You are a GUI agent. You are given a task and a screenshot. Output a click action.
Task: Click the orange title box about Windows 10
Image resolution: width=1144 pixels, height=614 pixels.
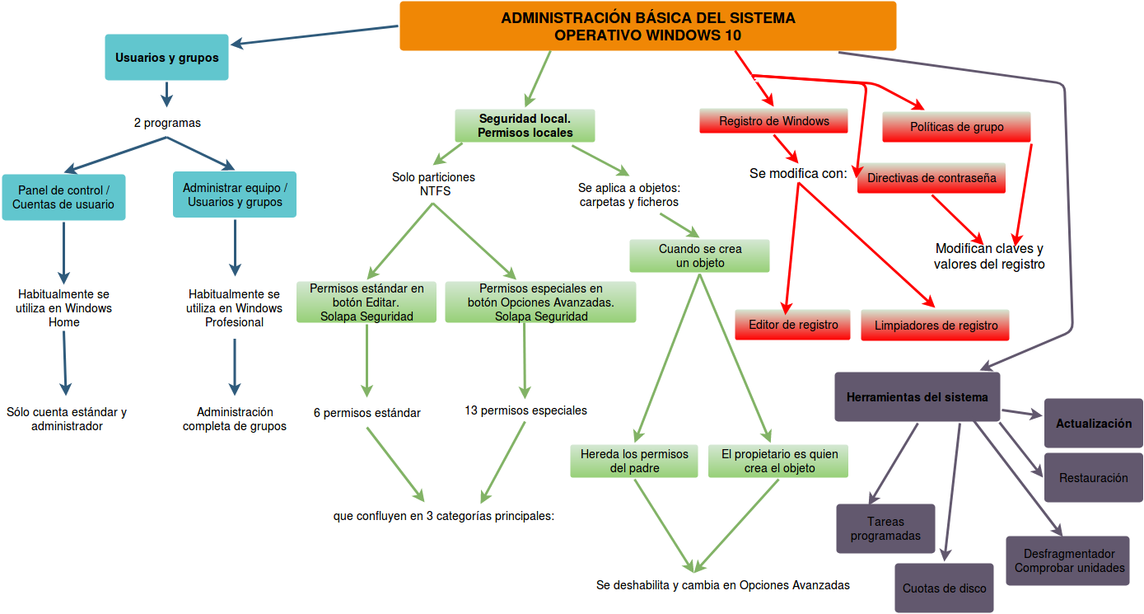coord(647,26)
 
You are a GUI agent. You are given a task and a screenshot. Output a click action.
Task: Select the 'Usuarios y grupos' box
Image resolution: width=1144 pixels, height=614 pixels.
coord(167,58)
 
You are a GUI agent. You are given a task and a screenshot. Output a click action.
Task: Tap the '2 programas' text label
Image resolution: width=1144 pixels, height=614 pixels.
coord(167,123)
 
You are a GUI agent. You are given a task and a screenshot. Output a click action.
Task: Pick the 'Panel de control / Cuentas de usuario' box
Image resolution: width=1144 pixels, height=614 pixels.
coord(63,197)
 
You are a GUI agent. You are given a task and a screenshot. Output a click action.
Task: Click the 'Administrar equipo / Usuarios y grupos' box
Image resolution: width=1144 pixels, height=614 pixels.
coord(235,195)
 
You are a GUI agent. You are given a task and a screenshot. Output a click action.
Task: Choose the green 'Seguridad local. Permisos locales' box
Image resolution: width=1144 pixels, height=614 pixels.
coord(525,125)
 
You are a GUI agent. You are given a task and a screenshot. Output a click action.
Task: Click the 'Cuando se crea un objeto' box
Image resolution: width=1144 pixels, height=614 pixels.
coord(700,255)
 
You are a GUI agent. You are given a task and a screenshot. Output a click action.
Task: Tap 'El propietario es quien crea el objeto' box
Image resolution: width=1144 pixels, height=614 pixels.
coord(778,461)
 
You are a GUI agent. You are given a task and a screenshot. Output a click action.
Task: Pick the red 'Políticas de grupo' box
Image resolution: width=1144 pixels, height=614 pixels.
coord(956,127)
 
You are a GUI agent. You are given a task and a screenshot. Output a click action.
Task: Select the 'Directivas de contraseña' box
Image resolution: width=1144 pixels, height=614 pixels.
coord(932,178)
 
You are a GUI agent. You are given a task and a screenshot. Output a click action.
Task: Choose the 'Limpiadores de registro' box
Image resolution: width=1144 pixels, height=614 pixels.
coord(936,326)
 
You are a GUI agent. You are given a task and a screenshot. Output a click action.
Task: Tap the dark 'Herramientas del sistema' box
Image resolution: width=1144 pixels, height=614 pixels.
coord(917,396)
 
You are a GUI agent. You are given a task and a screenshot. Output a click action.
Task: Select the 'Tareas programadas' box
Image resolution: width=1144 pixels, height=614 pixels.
coord(885,528)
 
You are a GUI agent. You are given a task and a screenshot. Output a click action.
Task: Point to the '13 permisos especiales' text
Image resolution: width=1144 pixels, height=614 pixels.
coord(525,410)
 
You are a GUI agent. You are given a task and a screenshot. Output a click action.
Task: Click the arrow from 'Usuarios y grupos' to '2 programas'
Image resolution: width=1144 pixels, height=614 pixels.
coord(167,94)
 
